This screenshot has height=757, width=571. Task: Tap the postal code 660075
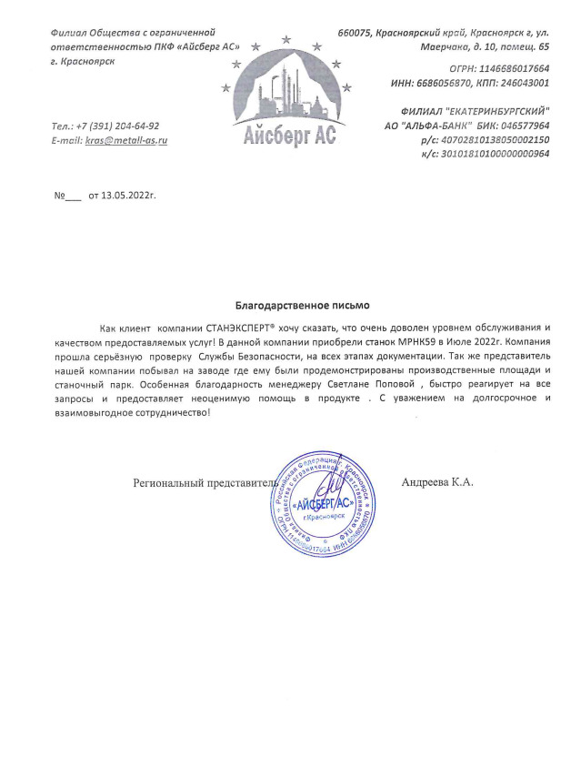(356, 33)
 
